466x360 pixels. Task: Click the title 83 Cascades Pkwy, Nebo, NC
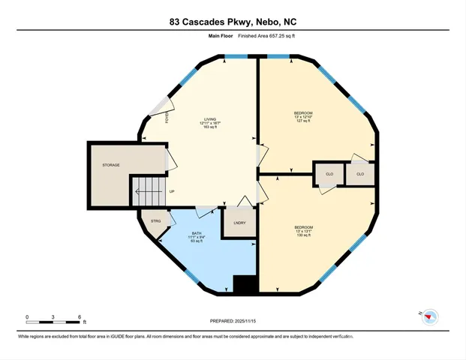233,22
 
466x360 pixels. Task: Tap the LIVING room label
208,118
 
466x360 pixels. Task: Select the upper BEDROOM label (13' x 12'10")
303,113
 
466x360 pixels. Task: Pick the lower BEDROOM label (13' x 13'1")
303,227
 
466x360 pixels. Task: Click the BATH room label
197,233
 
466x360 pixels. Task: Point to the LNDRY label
239,223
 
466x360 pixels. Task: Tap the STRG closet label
155,221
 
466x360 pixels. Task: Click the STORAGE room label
111,165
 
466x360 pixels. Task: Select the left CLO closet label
328,174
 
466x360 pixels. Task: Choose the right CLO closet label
360,174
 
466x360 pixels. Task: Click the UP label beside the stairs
172,191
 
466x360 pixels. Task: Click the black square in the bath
245,284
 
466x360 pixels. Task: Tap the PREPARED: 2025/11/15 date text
233,321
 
